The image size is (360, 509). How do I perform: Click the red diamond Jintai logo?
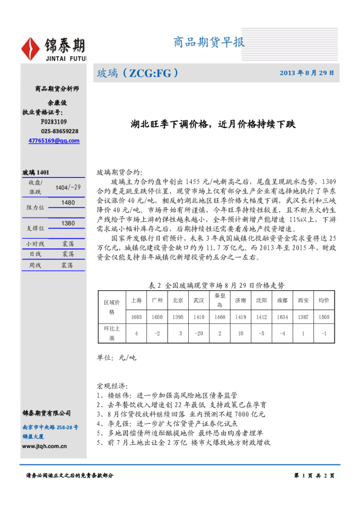tap(31, 47)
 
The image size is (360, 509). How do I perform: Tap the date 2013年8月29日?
tap(307, 73)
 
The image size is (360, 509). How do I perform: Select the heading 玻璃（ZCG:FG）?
tap(138, 73)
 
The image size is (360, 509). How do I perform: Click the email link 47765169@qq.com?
tap(54, 140)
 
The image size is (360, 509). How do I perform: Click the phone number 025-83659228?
tap(59, 131)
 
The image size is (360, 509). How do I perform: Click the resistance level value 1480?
tap(68, 203)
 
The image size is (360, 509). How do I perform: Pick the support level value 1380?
tap(68, 223)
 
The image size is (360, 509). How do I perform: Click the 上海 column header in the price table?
tap(137, 300)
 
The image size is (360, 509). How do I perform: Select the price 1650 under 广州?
tap(157, 316)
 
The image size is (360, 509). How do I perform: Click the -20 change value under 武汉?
tap(198, 333)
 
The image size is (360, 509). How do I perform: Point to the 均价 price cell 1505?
tap(324, 316)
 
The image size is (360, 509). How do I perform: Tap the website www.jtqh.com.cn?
tap(44, 446)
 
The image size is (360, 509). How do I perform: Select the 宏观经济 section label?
tap(112, 385)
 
